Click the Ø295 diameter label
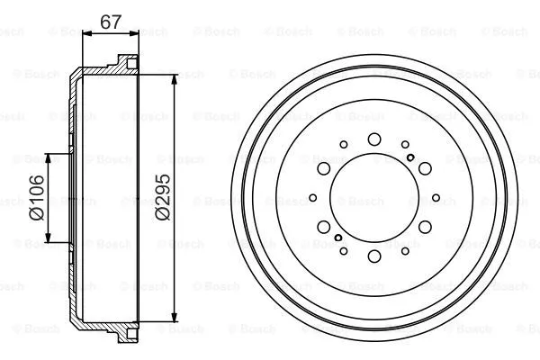click(162, 198)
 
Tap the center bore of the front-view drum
click(373, 198)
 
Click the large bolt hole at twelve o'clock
click(373, 139)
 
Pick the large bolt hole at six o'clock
click(373, 257)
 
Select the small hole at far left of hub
click(312, 198)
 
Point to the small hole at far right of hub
click(436, 198)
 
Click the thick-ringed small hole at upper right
click(410, 158)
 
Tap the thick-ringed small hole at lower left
click(337, 238)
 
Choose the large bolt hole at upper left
click(322, 168)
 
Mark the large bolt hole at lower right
click(425, 228)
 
